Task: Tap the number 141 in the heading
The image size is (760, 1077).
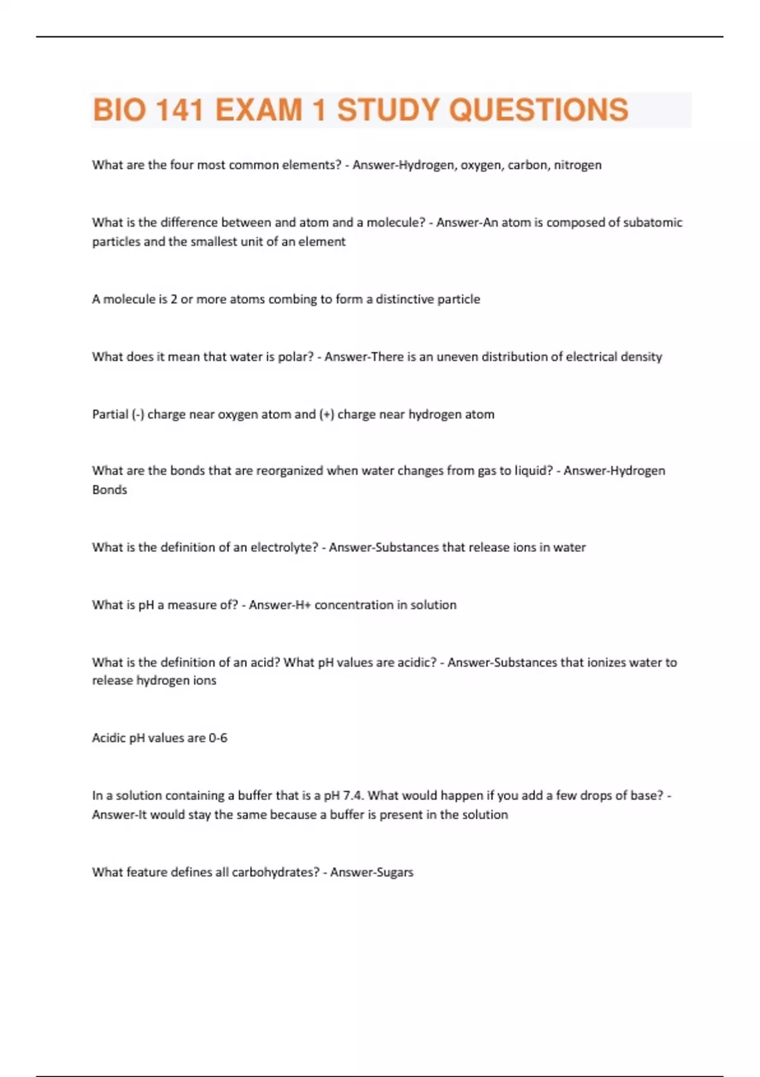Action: click(x=179, y=110)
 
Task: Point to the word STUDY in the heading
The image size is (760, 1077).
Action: click(x=388, y=110)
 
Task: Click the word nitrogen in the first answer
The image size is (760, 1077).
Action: click(x=578, y=165)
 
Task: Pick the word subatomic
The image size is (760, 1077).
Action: click(x=652, y=222)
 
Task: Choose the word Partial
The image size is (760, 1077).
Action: click(x=110, y=414)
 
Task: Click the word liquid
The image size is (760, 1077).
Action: click(x=532, y=471)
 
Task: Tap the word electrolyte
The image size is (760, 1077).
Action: click(x=284, y=547)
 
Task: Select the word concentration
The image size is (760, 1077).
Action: click(x=354, y=605)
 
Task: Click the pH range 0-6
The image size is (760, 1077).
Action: click(x=218, y=738)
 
